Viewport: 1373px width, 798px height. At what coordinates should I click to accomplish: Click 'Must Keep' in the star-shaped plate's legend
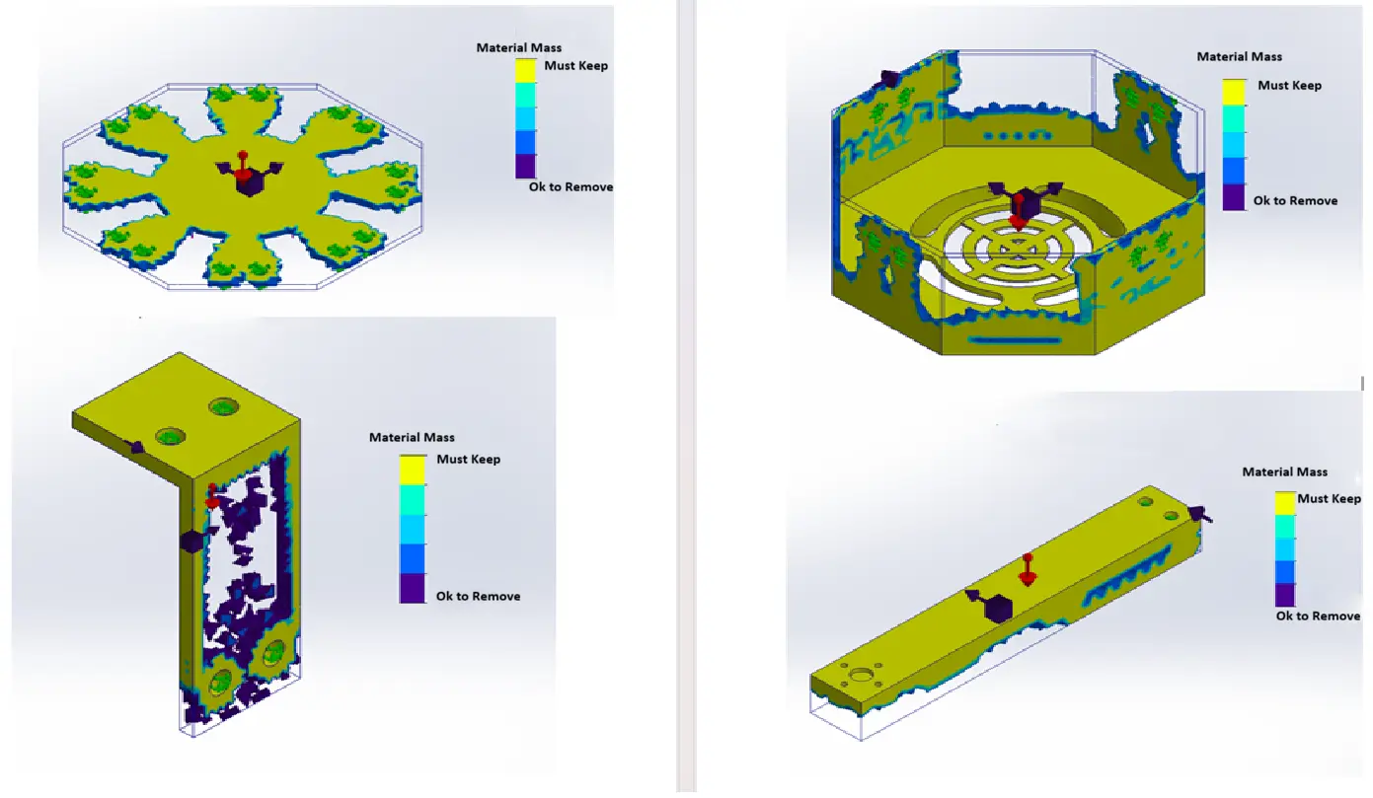coord(575,65)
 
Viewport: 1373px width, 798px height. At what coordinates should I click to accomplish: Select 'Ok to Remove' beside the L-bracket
coord(478,596)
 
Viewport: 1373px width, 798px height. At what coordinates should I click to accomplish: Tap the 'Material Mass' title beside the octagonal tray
coord(1239,56)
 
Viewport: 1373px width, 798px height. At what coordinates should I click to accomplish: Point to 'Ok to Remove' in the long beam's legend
coord(1318,616)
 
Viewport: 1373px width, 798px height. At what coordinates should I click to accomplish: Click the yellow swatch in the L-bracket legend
coord(413,470)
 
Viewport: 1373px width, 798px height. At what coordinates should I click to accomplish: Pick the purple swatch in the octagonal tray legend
coord(1234,197)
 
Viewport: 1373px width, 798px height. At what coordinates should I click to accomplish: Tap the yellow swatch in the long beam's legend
coord(1285,503)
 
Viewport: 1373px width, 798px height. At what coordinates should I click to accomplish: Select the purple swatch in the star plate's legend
coord(525,166)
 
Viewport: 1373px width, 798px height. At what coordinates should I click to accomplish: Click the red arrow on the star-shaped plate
coord(243,166)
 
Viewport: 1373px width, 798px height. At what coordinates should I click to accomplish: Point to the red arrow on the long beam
coord(1028,569)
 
